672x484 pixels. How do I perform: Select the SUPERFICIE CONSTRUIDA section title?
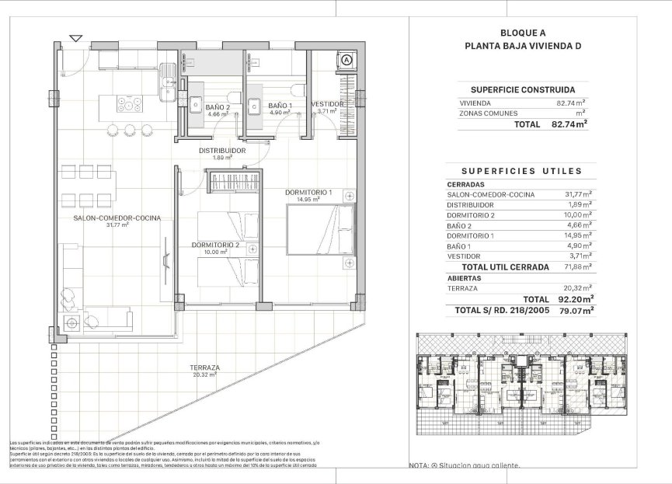tap(522, 89)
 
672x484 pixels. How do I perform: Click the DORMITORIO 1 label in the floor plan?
tap(308, 192)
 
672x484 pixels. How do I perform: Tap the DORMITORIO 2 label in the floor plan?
tap(215, 245)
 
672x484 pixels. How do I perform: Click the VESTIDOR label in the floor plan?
tap(327, 103)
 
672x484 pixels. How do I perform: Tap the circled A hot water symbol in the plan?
tap(346, 59)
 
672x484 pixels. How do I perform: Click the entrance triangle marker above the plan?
tap(75, 37)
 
